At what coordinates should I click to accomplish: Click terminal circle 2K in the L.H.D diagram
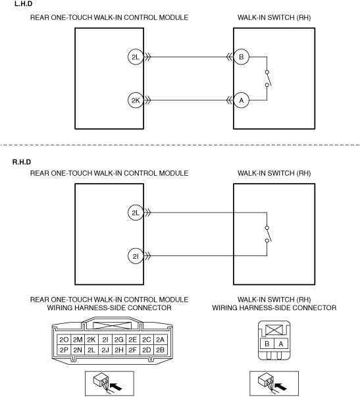click(x=136, y=101)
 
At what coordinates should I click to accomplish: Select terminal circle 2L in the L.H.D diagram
click(x=136, y=57)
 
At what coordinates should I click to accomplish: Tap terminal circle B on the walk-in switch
click(x=242, y=57)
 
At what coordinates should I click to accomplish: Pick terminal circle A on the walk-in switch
click(x=242, y=101)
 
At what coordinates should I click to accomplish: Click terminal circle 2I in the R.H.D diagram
click(x=136, y=256)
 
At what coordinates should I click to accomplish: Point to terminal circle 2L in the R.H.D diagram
click(x=136, y=213)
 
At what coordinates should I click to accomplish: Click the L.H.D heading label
click(x=24, y=4)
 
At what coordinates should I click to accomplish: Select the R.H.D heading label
click(x=22, y=162)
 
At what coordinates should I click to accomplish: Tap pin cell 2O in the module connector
click(x=64, y=340)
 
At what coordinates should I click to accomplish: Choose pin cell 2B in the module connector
click(x=160, y=350)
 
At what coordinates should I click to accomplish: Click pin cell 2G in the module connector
click(x=119, y=340)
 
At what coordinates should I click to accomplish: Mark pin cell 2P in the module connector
click(x=64, y=350)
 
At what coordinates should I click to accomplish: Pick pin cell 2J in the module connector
click(x=105, y=350)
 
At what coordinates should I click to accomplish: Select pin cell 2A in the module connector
click(x=160, y=340)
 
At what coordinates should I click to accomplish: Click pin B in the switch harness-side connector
click(x=267, y=344)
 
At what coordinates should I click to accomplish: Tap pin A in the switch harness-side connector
click(x=281, y=344)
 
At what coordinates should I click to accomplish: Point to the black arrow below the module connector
click(x=116, y=386)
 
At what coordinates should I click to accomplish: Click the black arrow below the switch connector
click(x=281, y=386)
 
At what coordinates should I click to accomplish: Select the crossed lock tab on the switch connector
click(x=274, y=330)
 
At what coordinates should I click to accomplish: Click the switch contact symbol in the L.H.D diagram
click(x=268, y=79)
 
